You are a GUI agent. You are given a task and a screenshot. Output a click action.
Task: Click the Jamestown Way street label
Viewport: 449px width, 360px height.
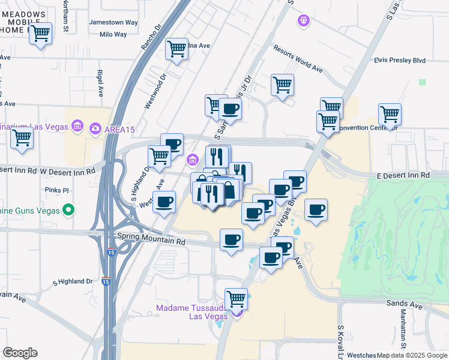click(x=113, y=22)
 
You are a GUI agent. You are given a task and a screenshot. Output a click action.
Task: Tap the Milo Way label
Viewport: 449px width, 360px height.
click(x=113, y=34)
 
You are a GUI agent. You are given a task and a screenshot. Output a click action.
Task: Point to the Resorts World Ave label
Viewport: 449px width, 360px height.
click(x=297, y=59)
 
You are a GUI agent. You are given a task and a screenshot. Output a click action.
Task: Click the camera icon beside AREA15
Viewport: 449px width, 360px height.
click(x=95, y=128)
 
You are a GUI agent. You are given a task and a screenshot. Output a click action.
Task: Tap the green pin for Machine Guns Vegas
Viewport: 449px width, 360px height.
click(x=69, y=210)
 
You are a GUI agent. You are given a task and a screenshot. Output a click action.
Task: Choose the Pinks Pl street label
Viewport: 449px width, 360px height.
click(x=58, y=190)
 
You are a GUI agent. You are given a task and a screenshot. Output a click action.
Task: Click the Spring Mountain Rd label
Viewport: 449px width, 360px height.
click(x=151, y=239)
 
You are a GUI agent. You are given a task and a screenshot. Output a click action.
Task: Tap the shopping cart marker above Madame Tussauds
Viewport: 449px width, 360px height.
click(x=236, y=298)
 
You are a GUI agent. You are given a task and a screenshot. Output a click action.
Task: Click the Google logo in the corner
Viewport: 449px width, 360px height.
click(x=20, y=353)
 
